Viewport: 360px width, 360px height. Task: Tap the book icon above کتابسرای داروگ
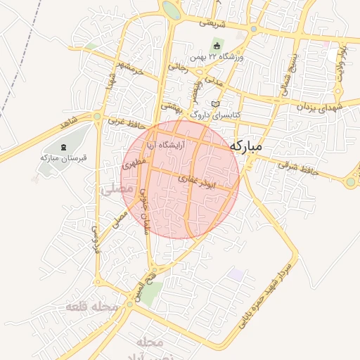point(215,104)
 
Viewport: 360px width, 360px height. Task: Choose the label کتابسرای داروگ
point(216,114)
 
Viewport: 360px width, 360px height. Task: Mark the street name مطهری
point(134,165)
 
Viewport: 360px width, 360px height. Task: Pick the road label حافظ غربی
point(125,122)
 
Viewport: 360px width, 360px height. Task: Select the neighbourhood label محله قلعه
point(91,307)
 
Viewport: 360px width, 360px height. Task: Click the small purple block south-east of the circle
point(236,274)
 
